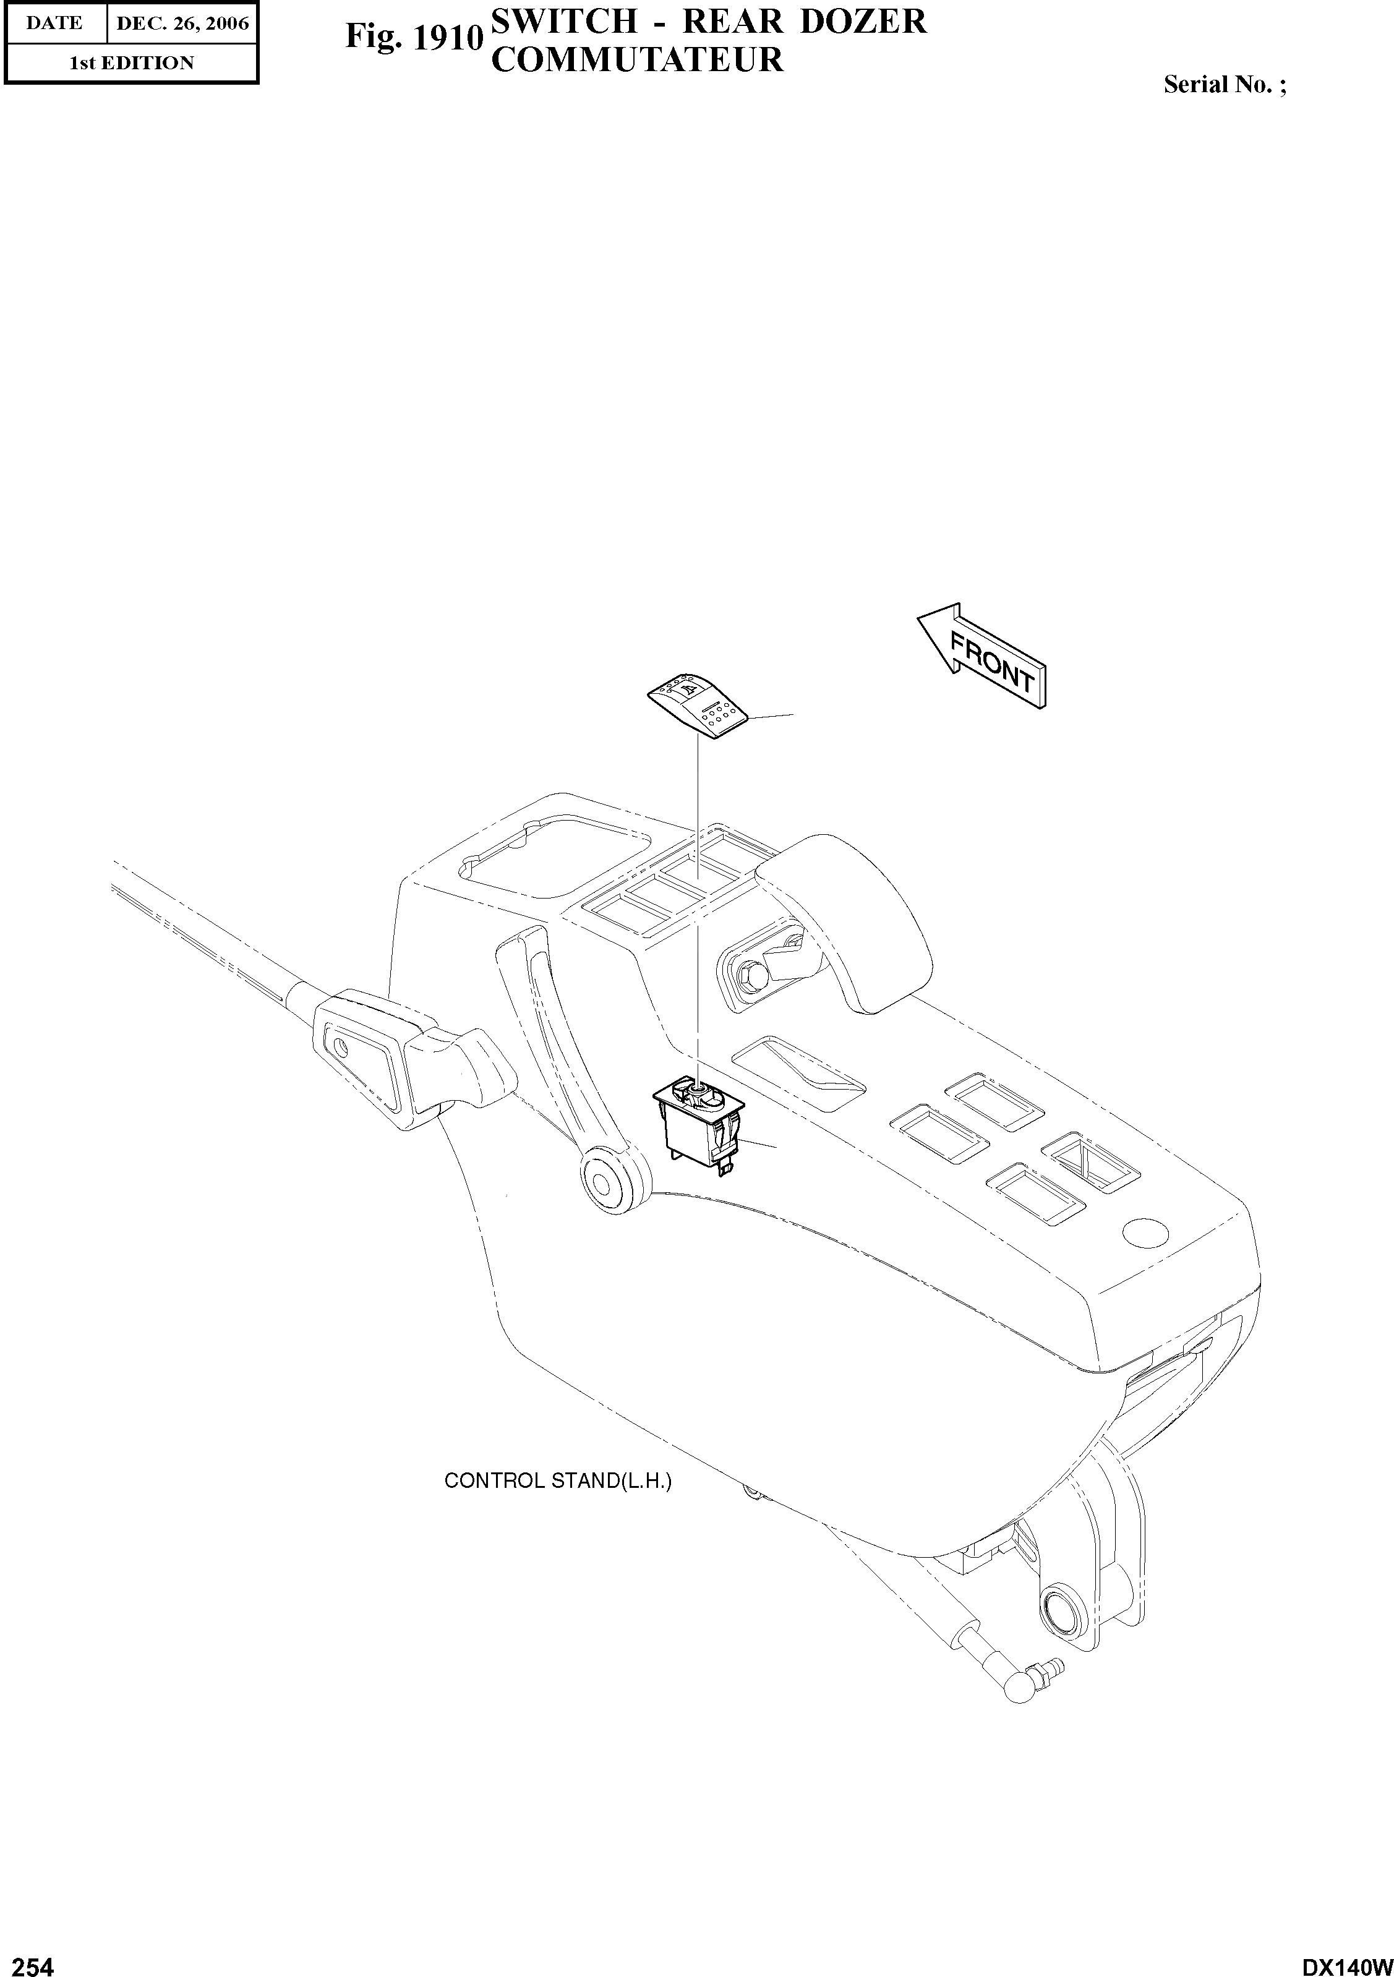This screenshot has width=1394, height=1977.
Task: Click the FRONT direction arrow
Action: [981, 654]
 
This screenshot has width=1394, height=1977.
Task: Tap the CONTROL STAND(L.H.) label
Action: [557, 1481]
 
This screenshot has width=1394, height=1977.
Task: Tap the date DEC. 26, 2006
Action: [182, 23]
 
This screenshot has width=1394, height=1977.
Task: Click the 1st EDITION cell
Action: [131, 63]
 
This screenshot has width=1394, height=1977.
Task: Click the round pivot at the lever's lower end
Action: [606, 1180]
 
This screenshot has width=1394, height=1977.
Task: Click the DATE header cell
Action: [54, 23]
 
